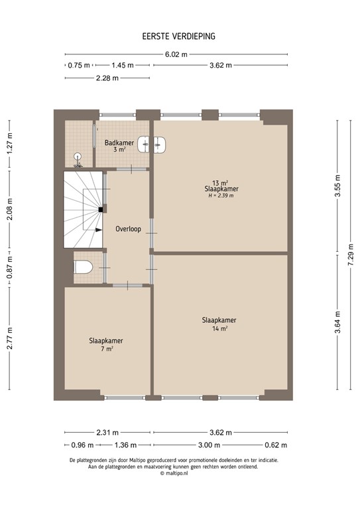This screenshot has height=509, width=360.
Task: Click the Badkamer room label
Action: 119,142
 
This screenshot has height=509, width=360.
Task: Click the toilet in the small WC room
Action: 81,268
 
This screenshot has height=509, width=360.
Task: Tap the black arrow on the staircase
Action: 97,230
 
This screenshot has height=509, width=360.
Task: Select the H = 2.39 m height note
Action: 221,196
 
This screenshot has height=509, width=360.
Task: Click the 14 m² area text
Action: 219,328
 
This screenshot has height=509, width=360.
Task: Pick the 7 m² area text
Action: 106,349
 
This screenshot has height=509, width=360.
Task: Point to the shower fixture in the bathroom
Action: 78,157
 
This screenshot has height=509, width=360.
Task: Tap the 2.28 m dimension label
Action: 106,78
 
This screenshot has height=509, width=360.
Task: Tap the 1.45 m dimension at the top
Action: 122,65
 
